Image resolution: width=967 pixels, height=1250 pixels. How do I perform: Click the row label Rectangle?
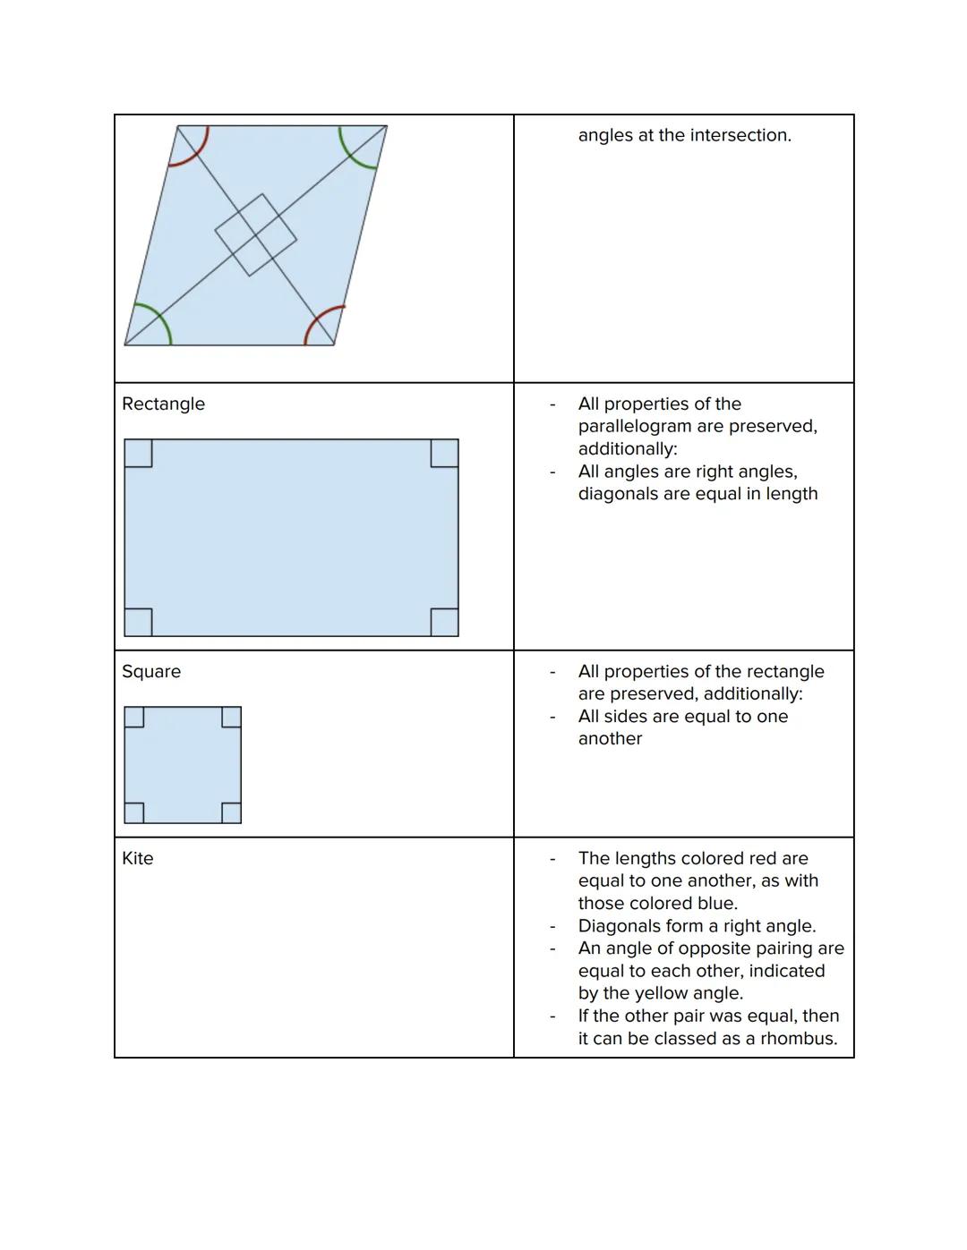[x=163, y=404]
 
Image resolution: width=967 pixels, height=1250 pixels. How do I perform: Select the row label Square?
[x=150, y=671]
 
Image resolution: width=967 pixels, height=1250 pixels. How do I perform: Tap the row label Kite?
[x=137, y=858]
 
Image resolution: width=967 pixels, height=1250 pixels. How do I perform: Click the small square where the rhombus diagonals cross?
[x=255, y=234]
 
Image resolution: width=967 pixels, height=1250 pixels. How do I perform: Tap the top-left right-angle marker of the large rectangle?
[x=138, y=453]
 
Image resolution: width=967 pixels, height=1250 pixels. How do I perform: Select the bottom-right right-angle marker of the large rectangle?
[x=444, y=622]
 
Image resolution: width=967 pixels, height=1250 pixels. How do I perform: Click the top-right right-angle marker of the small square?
[x=231, y=717]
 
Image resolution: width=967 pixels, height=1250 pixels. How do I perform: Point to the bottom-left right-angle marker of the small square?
[x=134, y=812]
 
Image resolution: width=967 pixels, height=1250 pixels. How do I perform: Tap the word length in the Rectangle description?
[x=792, y=493]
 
